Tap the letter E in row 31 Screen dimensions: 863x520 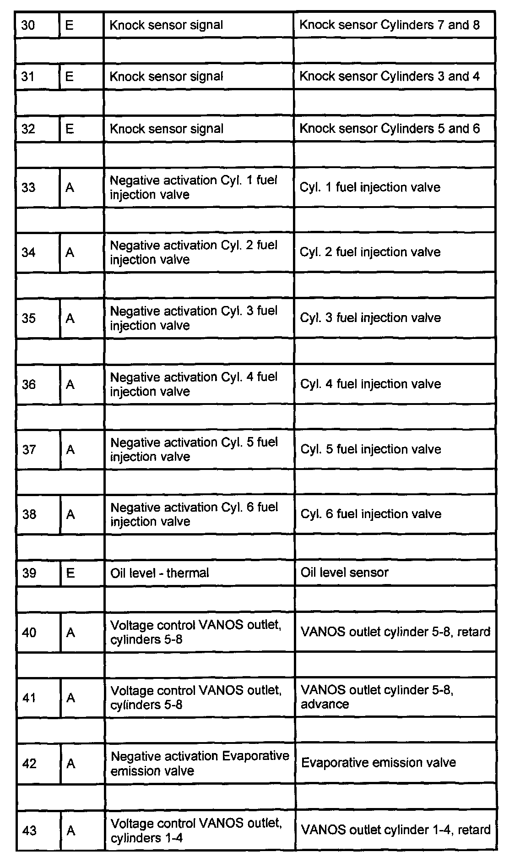coord(70,76)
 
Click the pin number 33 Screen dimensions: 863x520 coord(28,187)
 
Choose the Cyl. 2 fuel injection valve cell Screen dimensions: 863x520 coord(370,252)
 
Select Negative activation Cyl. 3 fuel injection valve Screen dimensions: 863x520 coord(194,318)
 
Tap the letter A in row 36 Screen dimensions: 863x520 coord(70,384)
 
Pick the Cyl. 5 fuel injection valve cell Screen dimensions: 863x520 coord(370,449)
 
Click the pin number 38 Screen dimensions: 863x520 coord(29,514)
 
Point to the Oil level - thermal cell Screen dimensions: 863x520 coord(159,573)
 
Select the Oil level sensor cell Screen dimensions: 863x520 coord(344,573)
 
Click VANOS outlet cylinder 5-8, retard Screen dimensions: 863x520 coord(395,632)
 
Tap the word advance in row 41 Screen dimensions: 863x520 coord(325,704)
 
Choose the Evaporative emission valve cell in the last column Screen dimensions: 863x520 coord(379,763)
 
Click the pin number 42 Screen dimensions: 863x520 coord(29,764)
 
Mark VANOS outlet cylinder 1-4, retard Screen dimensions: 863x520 coord(395,830)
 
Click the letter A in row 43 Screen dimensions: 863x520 coord(71,830)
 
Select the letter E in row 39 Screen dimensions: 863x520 coord(70,573)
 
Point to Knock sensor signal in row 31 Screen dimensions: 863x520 coord(166,76)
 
